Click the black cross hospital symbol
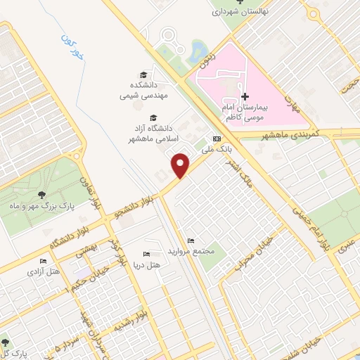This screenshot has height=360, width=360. (x=244, y=96)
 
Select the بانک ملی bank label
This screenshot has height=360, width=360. (x=217, y=148)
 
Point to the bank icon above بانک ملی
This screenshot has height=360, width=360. (x=217, y=138)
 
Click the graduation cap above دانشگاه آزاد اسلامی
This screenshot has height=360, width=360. (x=154, y=117)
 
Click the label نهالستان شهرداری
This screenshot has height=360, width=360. (x=241, y=12)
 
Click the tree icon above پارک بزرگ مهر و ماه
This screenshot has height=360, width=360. (x=43, y=195)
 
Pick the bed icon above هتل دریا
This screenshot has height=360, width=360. (x=146, y=254)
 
